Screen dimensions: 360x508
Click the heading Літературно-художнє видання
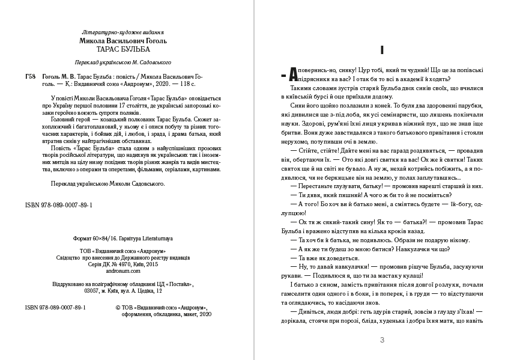coord(122,31)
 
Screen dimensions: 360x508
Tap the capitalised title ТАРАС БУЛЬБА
coord(122,50)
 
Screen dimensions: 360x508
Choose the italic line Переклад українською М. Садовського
coord(122,62)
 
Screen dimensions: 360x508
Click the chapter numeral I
coord(383,50)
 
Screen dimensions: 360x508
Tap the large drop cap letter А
coord(293,74)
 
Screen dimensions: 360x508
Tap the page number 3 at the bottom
coord(382,340)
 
